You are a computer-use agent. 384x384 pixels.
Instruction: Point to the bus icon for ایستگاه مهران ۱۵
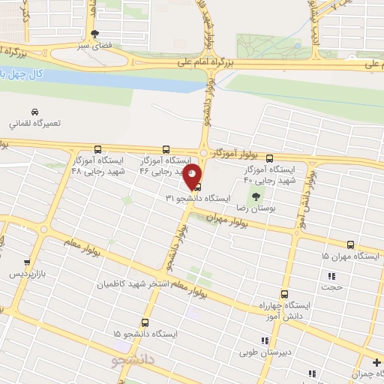tap(350, 244)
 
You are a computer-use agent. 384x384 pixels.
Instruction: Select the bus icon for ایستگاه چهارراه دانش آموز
tap(283, 294)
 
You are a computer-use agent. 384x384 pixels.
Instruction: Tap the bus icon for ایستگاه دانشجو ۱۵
tap(144, 322)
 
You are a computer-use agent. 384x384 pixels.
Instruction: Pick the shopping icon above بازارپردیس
tap(27, 263)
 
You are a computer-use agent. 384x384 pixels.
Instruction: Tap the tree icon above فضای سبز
tap(94, 34)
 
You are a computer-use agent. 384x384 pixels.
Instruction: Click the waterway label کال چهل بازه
tap(22, 75)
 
